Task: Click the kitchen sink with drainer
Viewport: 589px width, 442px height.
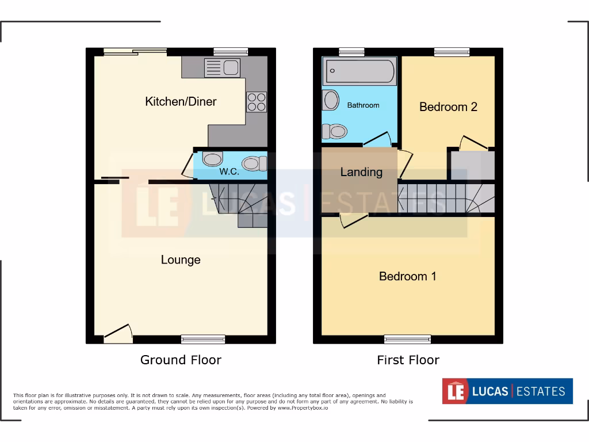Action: click(222, 68)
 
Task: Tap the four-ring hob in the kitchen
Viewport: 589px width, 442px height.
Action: click(257, 102)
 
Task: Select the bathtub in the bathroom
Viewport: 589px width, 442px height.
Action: click(360, 72)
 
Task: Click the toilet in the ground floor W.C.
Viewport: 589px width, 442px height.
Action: click(254, 164)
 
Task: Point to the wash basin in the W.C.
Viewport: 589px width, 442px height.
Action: click(212, 159)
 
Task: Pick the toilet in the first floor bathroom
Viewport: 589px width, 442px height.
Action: click(334, 132)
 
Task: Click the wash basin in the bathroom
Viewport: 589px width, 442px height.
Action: click(331, 100)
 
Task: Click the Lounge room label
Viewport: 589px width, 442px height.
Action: click(181, 260)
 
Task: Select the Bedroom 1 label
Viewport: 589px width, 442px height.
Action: click(407, 276)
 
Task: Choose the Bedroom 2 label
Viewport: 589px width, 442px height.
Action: click(448, 107)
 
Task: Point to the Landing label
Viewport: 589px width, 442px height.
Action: click(361, 172)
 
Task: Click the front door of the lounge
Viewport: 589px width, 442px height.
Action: click(118, 333)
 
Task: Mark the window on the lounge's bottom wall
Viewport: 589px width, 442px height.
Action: click(203, 339)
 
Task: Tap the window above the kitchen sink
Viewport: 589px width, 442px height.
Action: click(230, 52)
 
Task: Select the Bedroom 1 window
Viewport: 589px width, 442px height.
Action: click(407, 339)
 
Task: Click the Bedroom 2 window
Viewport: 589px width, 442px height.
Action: click(452, 52)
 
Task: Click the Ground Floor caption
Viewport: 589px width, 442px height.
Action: click(181, 360)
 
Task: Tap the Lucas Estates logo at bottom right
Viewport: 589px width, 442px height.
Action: click(507, 391)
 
